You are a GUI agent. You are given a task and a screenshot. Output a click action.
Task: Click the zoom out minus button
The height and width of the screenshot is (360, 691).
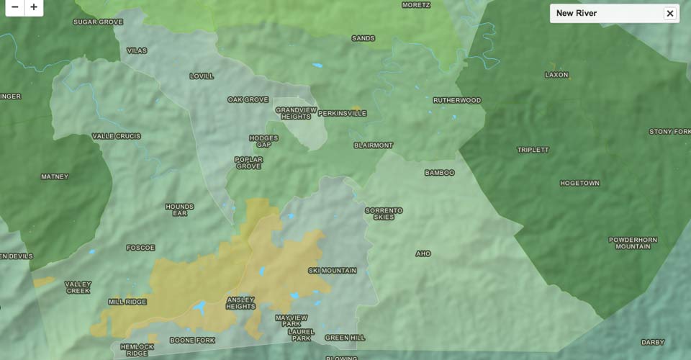(14, 7)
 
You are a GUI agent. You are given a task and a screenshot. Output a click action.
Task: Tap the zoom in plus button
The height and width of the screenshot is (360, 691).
(34, 7)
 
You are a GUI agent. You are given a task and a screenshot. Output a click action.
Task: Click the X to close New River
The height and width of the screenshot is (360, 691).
(669, 13)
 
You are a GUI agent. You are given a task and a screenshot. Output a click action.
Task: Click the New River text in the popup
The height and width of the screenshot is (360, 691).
(577, 13)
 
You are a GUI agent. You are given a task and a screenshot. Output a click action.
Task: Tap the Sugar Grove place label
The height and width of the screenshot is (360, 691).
(98, 22)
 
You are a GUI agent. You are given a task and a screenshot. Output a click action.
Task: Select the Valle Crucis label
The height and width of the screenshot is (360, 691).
(117, 136)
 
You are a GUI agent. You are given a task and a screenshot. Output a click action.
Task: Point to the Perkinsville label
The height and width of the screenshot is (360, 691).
(342, 113)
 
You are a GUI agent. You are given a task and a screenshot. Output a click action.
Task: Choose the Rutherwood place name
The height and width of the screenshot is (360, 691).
(456, 100)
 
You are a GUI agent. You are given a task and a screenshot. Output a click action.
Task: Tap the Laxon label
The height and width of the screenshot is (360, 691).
(556, 75)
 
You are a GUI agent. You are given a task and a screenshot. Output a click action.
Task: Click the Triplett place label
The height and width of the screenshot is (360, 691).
(533, 150)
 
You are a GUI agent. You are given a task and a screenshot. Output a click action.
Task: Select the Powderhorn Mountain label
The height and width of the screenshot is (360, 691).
(633, 243)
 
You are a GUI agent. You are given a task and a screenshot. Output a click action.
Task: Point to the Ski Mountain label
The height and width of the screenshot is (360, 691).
(332, 271)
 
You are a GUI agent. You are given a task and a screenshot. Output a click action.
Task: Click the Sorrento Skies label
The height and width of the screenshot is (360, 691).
(384, 214)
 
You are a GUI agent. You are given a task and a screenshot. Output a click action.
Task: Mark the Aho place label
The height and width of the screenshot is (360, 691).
(423, 253)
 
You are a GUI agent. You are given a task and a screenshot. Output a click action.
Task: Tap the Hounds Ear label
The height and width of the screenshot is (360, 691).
(179, 210)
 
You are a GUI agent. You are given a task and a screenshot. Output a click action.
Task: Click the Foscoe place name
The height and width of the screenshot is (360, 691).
(140, 248)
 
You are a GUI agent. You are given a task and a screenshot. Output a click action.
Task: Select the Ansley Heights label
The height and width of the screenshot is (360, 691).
(241, 302)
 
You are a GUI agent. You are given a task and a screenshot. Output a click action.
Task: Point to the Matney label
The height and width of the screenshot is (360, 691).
(55, 176)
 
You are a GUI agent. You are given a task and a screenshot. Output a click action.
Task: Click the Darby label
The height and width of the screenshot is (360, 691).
(652, 342)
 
